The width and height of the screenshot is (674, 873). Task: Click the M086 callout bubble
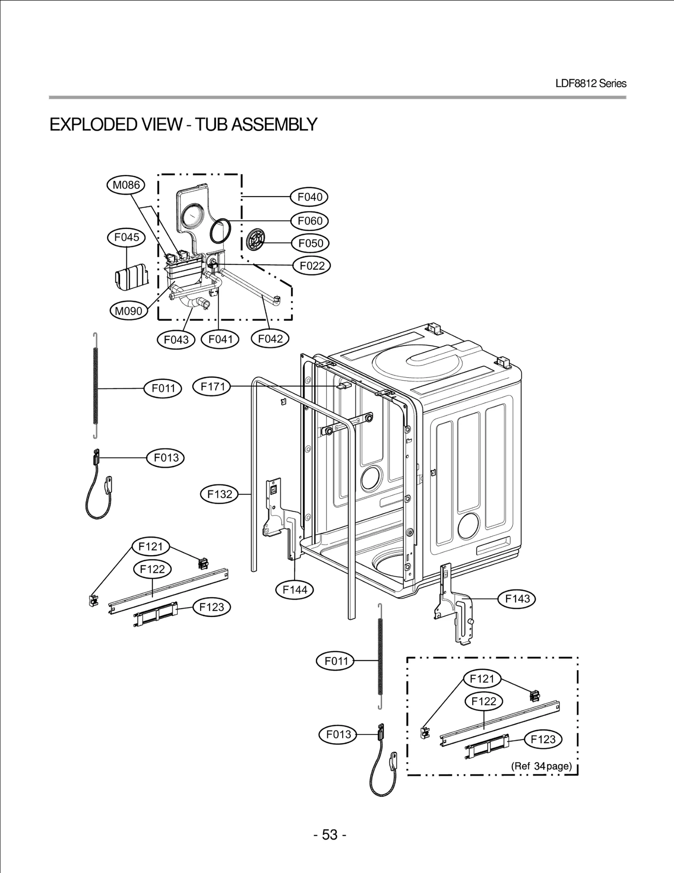126,185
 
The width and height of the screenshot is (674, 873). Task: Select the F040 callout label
310,197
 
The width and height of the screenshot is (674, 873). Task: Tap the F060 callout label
310,221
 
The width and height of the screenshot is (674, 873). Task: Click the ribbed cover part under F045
132,277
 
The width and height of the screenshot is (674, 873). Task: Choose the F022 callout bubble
312,266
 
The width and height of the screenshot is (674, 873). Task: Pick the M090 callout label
128,311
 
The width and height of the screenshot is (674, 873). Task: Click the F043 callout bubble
176,339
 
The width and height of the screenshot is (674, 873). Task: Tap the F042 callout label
270,338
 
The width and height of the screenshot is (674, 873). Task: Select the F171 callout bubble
212,387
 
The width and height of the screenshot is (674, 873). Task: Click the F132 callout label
219,494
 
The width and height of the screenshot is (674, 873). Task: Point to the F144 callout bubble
295,590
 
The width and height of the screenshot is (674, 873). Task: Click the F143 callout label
517,599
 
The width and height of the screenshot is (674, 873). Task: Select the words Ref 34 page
542,766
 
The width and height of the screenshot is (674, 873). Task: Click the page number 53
330,835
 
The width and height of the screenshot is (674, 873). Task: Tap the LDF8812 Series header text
591,83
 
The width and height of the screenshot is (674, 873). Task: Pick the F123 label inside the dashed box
543,739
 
